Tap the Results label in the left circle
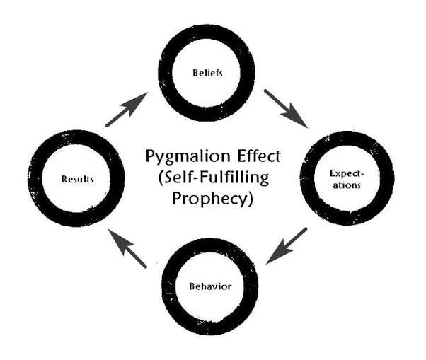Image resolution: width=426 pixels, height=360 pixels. click(77, 178)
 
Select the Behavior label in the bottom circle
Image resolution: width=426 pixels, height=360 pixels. click(209, 286)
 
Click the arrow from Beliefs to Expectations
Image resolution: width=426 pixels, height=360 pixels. click(286, 108)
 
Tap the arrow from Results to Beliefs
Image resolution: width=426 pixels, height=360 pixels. click(127, 110)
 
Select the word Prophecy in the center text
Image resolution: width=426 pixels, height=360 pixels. click(209, 199)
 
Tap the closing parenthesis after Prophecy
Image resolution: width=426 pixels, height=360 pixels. click(250, 199)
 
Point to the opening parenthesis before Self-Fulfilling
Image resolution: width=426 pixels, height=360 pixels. click(156, 177)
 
